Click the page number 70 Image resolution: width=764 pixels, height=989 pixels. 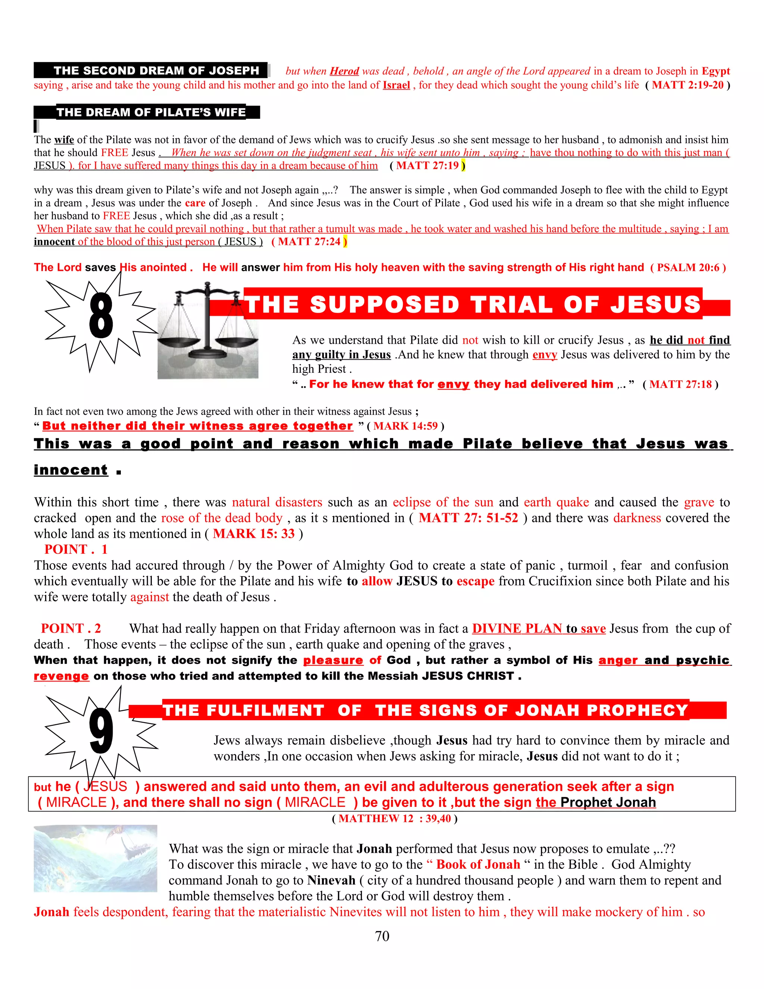382,936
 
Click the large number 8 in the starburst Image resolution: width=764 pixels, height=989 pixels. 101,315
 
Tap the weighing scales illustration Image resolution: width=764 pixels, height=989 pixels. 208,330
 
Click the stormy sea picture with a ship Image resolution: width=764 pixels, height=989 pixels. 95,858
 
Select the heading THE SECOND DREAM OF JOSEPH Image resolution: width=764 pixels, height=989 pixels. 156,71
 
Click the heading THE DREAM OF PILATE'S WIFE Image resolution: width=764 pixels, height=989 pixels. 151,112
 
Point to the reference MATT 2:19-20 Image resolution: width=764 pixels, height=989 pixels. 688,85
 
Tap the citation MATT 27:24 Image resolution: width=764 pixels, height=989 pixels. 309,242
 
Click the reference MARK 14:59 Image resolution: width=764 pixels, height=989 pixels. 406,426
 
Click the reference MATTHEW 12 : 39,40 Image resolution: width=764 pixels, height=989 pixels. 395,819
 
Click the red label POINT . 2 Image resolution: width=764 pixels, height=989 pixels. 71,628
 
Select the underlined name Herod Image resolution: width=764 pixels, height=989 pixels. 344,71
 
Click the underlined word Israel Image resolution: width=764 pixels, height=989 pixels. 397,85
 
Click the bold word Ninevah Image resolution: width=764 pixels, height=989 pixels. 331,880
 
